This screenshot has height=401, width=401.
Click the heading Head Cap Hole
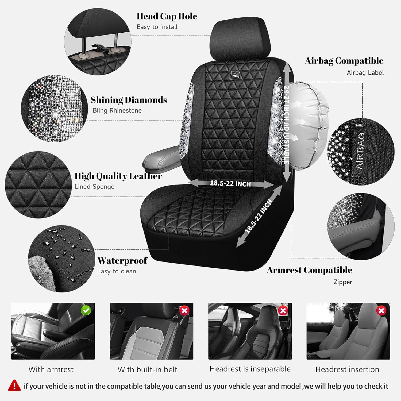coord(167,16)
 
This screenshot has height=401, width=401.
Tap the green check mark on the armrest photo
coord(86,310)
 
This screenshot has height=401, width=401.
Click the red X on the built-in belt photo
coord(184,310)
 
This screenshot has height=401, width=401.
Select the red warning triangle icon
coord(14,385)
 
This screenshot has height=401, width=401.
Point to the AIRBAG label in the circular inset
coord(360,151)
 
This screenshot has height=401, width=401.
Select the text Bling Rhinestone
coord(117,110)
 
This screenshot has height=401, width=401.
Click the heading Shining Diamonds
coord(129,100)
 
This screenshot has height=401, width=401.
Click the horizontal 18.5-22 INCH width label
coord(230,183)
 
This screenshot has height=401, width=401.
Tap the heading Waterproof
coord(122,260)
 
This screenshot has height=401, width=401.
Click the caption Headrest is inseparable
coord(250,369)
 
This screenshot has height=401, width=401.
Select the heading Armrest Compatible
coord(310,270)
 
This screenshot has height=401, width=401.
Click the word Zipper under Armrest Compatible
coord(343,282)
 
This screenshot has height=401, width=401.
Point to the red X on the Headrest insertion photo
coord(381,310)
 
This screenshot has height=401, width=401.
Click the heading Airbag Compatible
coord(344,61)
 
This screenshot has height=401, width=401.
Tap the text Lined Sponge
coord(94,187)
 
